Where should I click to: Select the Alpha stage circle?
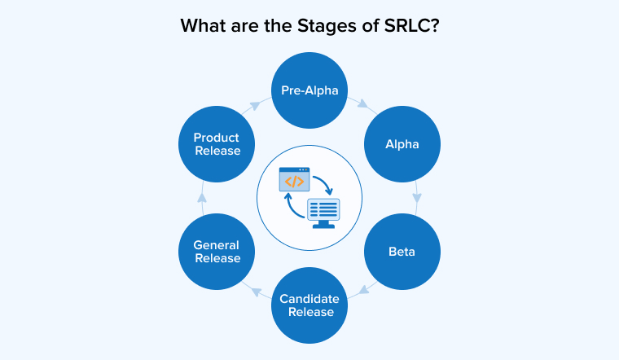click(402, 144)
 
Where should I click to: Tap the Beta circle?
click(402, 251)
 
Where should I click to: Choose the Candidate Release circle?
click(309, 305)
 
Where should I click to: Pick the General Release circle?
click(217, 251)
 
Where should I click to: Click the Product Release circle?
click(217, 144)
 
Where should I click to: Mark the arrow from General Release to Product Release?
click(202, 198)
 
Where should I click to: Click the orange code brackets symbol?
click(293, 181)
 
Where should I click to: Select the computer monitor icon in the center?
click(323, 211)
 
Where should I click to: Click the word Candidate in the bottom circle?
click(309, 299)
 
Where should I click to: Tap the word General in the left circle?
click(217, 245)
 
